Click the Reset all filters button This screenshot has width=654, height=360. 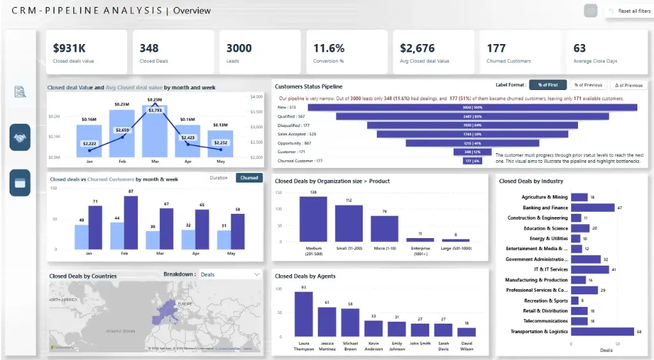pos(630,11)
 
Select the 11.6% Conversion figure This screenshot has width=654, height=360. pos(328,48)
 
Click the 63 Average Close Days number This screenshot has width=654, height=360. pos(579,48)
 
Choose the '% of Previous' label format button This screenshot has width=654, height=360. pos(588,85)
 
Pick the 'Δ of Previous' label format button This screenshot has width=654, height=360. pos(628,85)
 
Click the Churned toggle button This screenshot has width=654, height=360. pos(249,177)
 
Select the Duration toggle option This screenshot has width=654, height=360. pos(218,177)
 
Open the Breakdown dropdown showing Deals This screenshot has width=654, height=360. pos(230,274)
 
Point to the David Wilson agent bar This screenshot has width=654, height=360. pos(466,332)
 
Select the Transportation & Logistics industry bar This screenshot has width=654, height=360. pos(602,331)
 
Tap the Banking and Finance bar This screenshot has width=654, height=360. pos(592,207)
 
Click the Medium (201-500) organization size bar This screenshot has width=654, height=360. pos(314,219)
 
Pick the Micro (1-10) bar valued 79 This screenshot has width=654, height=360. pos(384,228)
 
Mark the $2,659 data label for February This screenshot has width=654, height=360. pos(123,130)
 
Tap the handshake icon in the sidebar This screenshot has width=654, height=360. pos(20,137)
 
